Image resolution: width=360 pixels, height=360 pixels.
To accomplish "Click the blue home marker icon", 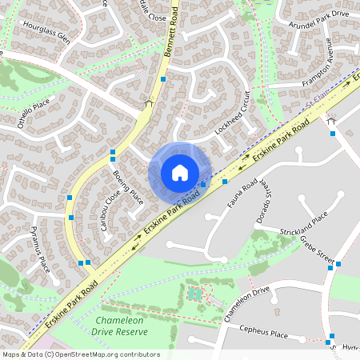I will pos(180,172).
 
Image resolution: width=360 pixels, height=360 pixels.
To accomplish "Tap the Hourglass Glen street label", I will pos(47,38).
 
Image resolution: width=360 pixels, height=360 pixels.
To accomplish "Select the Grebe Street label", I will pos(317,250).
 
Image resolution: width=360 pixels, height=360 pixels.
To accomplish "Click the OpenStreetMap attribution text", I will pos(81,354).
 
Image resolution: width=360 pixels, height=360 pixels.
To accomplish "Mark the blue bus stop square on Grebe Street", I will pos(339,265).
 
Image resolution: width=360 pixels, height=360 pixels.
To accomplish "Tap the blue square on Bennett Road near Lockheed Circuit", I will pos(163,79).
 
